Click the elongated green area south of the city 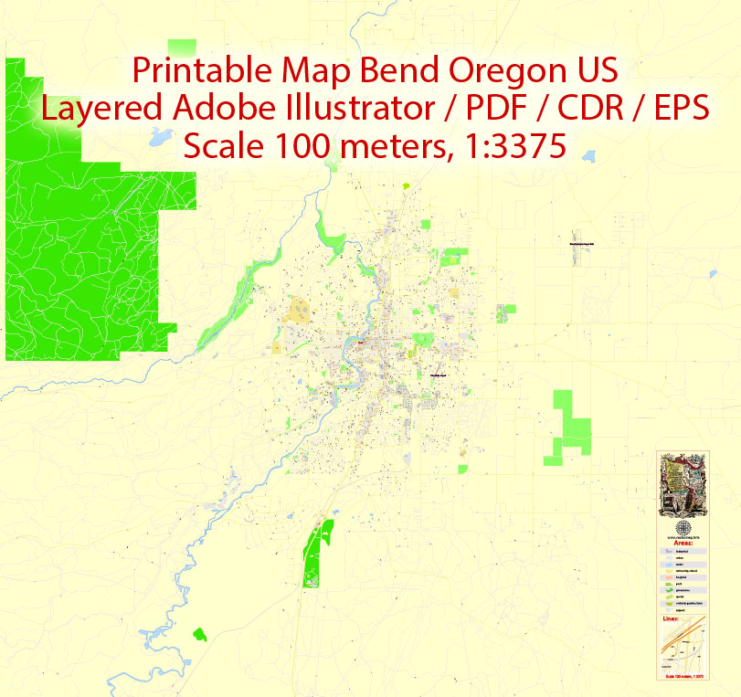(317, 553)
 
